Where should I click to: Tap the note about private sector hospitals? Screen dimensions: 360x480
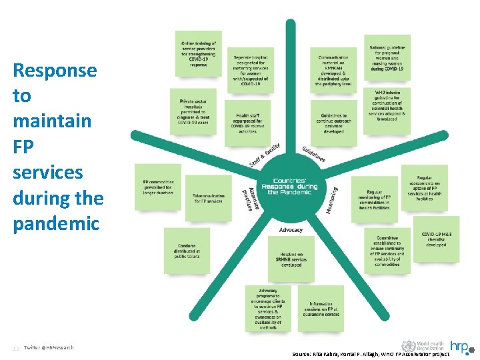tap(193, 111)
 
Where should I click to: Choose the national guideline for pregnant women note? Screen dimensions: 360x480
tap(387, 58)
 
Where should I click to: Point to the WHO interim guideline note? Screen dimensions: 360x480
tap(387, 107)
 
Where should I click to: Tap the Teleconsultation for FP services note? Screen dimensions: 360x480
tap(208, 198)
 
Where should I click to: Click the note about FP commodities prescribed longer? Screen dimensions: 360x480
tap(158, 187)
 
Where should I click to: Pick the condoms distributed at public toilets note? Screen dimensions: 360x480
tap(187, 250)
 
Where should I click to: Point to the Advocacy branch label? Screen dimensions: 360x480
tap(291, 230)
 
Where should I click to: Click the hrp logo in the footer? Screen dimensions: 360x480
tap(459, 346)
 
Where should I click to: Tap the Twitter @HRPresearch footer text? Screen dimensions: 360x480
tap(48, 347)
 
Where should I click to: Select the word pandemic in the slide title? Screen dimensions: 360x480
tap(56, 224)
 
